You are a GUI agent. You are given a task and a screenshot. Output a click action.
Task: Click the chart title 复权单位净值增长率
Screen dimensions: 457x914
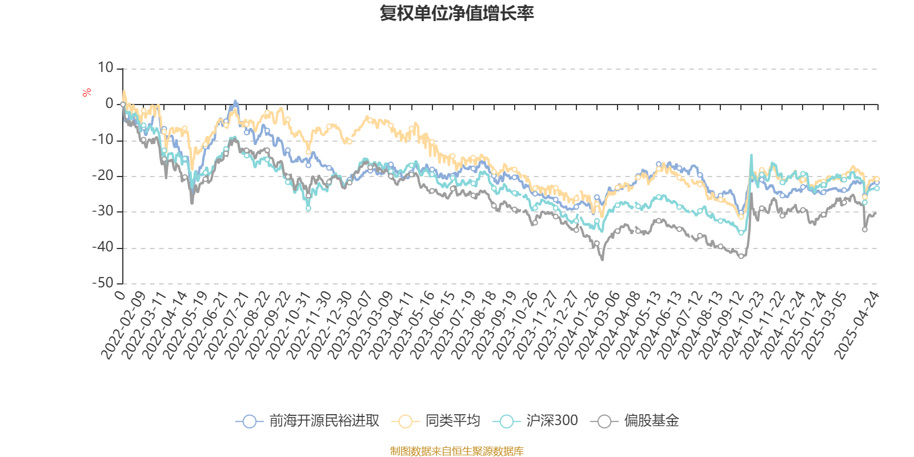(456, 14)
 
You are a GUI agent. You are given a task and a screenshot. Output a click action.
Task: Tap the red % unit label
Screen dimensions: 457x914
(87, 93)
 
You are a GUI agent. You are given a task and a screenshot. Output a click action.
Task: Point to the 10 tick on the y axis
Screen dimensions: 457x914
(106, 68)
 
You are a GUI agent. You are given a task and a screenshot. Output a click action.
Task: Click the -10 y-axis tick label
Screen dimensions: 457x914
(103, 140)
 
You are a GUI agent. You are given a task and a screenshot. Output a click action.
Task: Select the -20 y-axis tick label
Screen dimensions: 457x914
(103, 176)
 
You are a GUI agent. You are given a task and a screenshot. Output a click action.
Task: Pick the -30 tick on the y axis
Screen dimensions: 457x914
(103, 211)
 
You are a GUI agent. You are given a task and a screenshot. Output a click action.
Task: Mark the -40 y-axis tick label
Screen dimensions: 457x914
(103, 247)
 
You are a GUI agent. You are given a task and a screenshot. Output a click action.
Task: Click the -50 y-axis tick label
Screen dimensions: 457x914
(103, 283)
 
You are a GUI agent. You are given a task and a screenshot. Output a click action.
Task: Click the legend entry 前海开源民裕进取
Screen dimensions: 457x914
(324, 422)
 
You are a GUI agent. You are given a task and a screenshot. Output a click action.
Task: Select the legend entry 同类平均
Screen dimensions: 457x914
(452, 422)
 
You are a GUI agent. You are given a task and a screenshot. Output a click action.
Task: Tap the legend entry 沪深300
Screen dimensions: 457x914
(552, 422)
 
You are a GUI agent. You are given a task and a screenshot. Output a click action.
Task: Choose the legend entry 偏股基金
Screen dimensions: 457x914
(651, 422)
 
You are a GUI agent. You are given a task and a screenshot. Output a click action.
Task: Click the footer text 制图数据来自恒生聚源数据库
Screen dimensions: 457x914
(456, 451)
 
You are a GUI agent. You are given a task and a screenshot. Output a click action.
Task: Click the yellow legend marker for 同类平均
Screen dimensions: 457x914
(405, 422)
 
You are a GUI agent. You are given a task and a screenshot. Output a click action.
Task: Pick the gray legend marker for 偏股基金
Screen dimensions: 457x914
(604, 422)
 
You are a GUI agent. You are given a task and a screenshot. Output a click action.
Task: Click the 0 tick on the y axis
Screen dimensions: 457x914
(110, 104)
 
